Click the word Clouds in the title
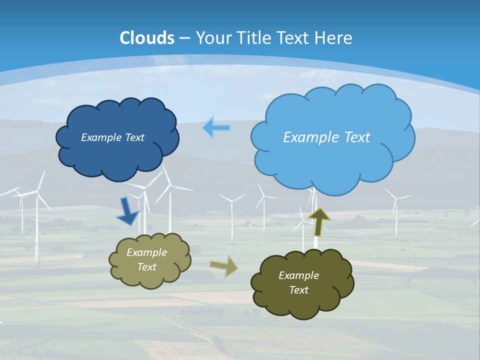coord(147,38)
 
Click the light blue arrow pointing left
coord(216,128)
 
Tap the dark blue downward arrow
coord(128,211)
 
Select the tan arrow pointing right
coord(224,266)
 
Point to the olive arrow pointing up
coord(318,221)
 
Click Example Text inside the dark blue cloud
coord(112,137)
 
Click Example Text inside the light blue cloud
coord(326,137)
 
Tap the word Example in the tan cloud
coord(146,252)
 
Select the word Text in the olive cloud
coord(298,290)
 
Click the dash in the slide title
coord(184,38)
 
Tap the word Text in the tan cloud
coord(146,267)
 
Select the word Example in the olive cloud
coord(298,275)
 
